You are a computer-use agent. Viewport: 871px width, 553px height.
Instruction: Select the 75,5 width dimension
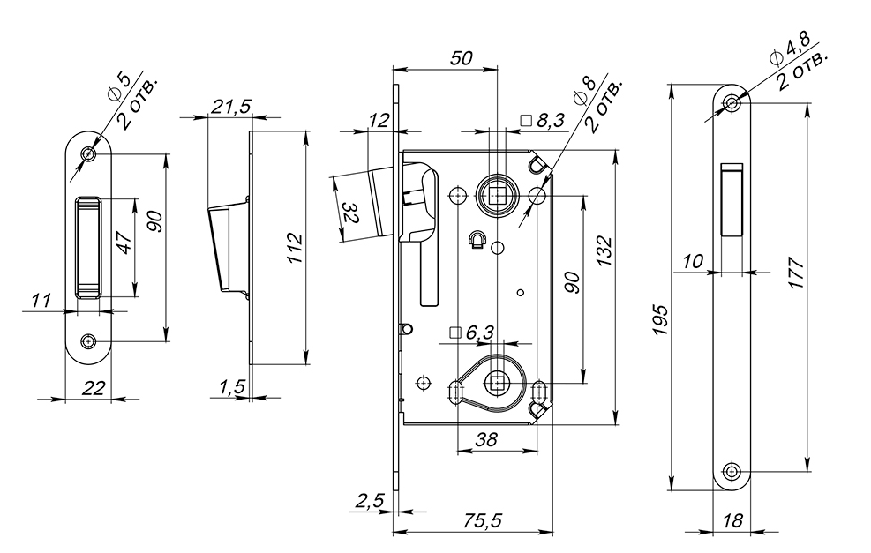(x=482, y=520)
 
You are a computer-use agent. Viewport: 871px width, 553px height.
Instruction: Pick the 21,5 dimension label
(x=230, y=106)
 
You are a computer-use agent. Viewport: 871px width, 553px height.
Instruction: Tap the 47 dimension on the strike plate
(x=124, y=243)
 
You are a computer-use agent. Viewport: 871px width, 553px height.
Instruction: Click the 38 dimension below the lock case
(x=486, y=439)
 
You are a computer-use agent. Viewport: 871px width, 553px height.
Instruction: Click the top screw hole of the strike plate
(x=87, y=153)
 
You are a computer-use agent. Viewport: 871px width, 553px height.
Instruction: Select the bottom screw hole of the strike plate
(x=87, y=341)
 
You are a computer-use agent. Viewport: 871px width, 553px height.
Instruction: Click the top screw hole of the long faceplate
(x=732, y=102)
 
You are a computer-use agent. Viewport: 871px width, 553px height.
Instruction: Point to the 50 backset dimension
(x=461, y=57)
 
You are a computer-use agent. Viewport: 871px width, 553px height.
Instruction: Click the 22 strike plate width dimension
(x=93, y=387)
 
